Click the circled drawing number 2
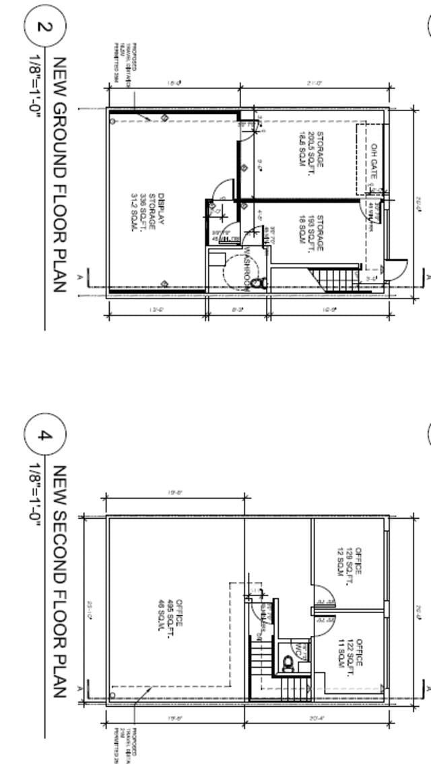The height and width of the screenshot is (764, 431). pyautogui.click(x=45, y=28)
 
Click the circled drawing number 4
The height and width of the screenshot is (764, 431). pyautogui.click(x=45, y=435)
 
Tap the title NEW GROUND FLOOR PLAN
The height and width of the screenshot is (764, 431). pyautogui.click(x=59, y=174)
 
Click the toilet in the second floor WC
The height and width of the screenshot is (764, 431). pyautogui.click(x=288, y=665)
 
